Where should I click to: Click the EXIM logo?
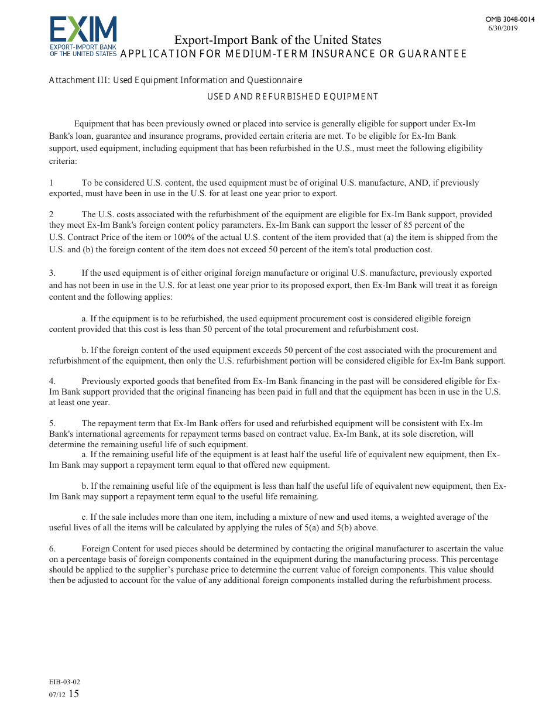[x=83, y=36]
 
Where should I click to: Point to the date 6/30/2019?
[x=503, y=28]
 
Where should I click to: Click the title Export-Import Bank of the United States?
[x=277, y=40]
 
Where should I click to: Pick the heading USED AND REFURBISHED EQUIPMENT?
[x=293, y=97]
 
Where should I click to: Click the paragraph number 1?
[x=51, y=183]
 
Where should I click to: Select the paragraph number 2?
[x=51, y=214]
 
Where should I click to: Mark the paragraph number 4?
[x=52, y=381]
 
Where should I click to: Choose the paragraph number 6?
[x=52, y=548]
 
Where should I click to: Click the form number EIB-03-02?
[x=64, y=682]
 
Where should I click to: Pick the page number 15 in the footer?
[x=74, y=694]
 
